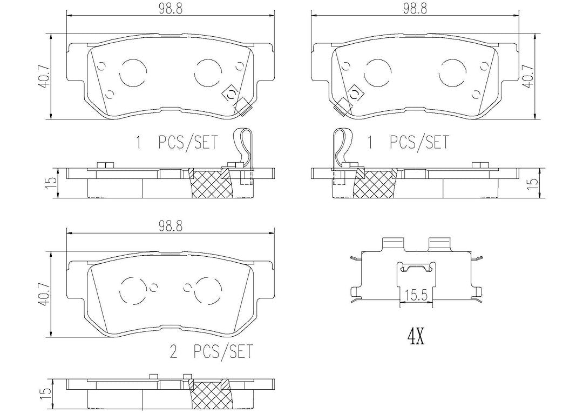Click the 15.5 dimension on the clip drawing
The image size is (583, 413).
pyautogui.click(x=416, y=296)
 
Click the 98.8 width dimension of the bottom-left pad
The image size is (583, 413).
pyautogui.click(x=170, y=227)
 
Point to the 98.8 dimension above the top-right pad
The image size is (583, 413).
pyautogui.click(x=415, y=9)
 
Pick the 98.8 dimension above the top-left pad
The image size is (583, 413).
pyautogui.click(x=170, y=9)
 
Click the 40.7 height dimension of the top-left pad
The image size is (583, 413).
pyautogui.click(x=44, y=77)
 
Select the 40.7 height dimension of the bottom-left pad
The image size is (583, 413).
pyautogui.click(x=44, y=295)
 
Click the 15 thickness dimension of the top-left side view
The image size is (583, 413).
pyautogui.click(x=52, y=181)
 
